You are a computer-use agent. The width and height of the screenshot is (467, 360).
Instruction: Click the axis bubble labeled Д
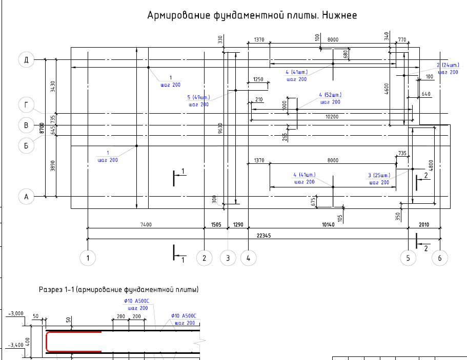26,60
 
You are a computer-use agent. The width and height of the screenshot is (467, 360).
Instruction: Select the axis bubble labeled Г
26,105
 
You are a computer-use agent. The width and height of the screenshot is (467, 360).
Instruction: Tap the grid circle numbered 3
228,258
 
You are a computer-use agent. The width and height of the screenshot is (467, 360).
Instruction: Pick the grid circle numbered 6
440,258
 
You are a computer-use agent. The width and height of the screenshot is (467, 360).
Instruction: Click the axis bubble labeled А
26,196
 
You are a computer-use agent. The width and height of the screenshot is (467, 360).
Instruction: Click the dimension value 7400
146,224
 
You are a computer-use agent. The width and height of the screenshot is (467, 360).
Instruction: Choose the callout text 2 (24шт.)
447,65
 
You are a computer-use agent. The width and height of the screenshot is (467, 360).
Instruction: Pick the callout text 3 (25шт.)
379,176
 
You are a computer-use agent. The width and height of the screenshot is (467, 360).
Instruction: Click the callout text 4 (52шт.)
330,95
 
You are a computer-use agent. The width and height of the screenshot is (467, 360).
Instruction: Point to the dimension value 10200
332,117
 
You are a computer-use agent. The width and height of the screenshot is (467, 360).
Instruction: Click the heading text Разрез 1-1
57,290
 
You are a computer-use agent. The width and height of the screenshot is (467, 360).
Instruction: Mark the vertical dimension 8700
40,128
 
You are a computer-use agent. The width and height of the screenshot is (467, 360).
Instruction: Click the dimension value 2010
424,224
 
